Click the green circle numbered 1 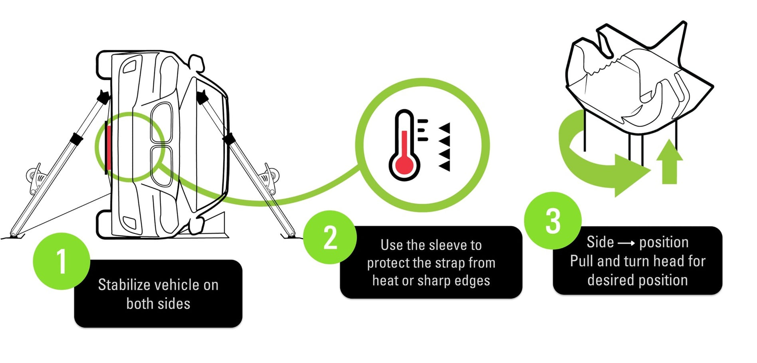[61, 261]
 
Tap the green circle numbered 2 [330, 238]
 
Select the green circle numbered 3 [553, 221]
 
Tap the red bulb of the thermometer [404, 164]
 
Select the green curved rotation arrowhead [631, 174]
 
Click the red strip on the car [108, 147]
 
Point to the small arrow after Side [626, 243]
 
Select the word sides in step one [174, 304]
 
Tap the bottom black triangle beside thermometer [445, 166]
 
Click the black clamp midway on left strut [75, 138]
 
